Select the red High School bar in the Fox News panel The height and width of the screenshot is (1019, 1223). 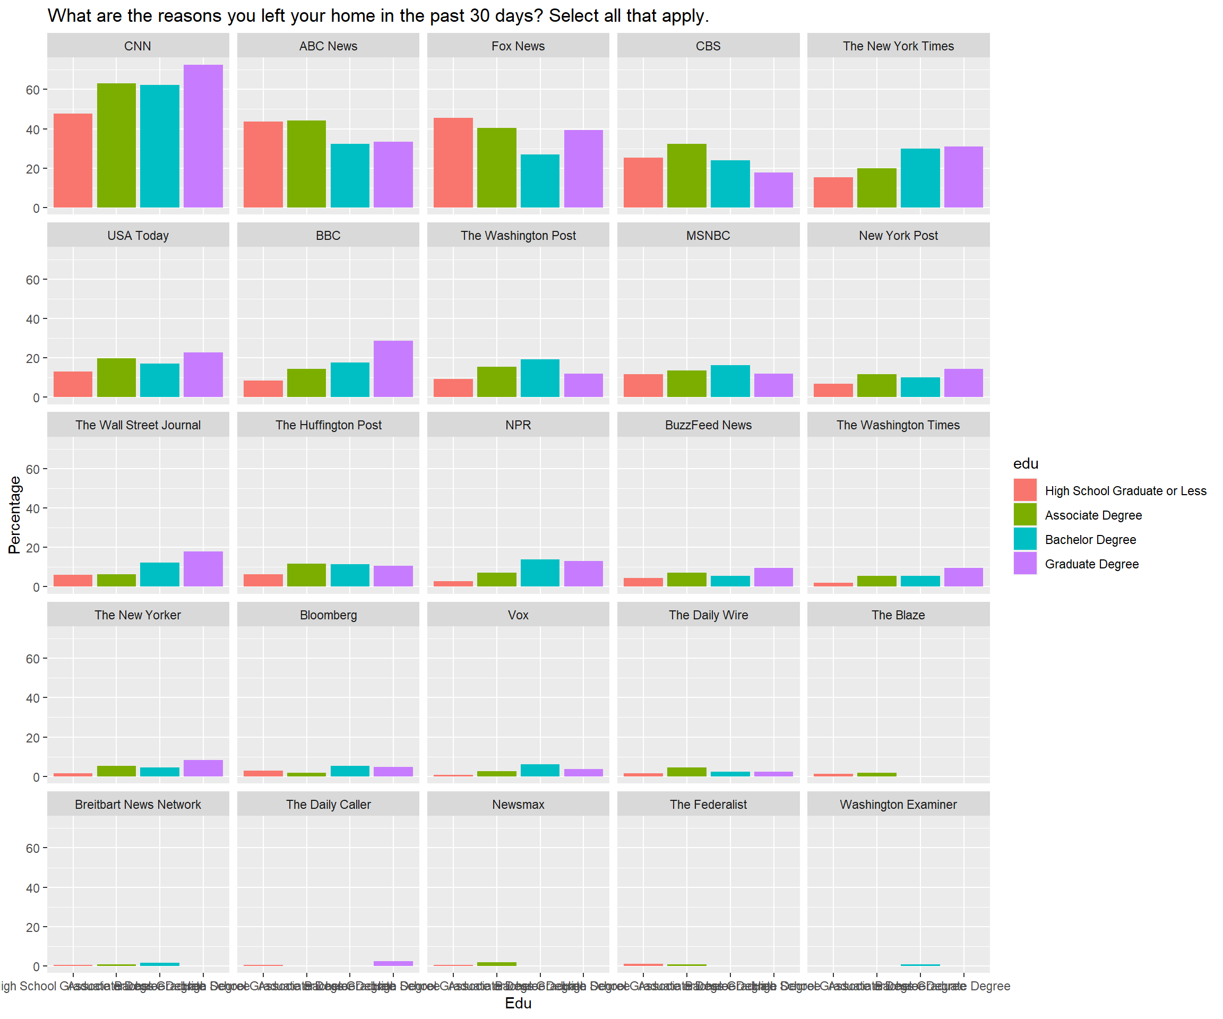point(453,162)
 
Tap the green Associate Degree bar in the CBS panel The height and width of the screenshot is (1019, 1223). point(687,175)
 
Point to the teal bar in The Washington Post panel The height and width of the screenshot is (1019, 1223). point(540,378)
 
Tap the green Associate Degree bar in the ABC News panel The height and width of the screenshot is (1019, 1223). point(306,163)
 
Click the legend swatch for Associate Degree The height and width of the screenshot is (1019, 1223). point(1025,515)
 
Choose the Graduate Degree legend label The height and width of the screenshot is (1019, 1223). point(1091,564)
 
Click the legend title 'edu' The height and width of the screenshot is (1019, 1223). point(1026,463)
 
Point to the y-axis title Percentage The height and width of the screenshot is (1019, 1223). point(14,515)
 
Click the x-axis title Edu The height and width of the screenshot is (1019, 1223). point(518,1003)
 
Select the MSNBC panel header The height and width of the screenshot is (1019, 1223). point(708,235)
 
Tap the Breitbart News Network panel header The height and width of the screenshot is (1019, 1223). point(138,804)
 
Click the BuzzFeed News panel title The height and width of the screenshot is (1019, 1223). point(708,425)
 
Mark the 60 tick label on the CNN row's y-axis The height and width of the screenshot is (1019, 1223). point(32,90)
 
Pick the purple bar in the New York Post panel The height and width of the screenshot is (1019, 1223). point(963,383)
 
